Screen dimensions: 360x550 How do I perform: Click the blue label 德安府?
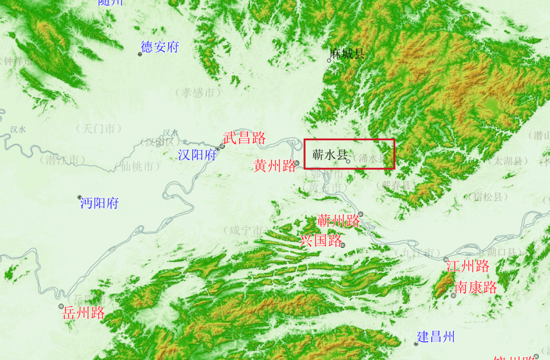[x=160, y=47]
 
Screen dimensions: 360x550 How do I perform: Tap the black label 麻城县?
[x=348, y=53]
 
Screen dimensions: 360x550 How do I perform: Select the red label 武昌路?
[x=244, y=138]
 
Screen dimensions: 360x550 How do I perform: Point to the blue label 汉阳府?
[x=197, y=155]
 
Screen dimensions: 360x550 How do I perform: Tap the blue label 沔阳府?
[x=99, y=203]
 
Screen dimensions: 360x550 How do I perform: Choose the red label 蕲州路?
[x=338, y=220]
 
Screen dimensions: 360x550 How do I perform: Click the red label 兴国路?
[x=321, y=240]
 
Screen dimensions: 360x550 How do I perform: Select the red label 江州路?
[x=468, y=265]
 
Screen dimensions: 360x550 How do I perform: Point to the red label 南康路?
[x=476, y=287]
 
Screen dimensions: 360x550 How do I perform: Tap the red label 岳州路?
[x=83, y=313]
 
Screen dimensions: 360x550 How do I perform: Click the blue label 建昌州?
[x=437, y=337]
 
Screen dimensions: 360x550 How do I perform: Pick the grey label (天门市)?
[x=98, y=129]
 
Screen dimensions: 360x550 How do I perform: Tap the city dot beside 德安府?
[x=140, y=54]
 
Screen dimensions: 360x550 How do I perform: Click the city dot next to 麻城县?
[x=329, y=60]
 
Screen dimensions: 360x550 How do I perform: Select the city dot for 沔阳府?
[x=79, y=197]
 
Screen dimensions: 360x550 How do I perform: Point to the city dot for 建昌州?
[x=416, y=343]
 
